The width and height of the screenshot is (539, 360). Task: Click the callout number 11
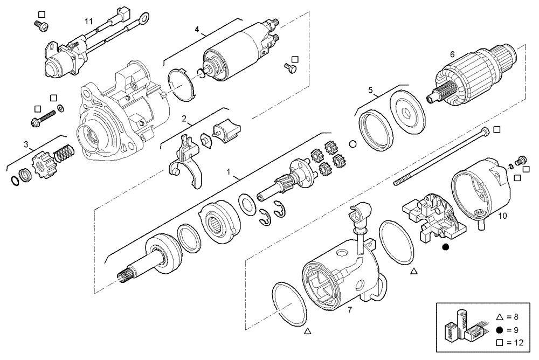click(88, 21)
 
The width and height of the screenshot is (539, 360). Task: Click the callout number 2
click(184, 118)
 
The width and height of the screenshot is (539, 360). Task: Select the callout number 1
click(229, 172)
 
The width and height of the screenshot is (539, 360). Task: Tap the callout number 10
click(502, 217)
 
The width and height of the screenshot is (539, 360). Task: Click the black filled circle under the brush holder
click(445, 247)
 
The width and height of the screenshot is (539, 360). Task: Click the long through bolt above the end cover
click(442, 156)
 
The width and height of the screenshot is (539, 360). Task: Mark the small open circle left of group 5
click(353, 144)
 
